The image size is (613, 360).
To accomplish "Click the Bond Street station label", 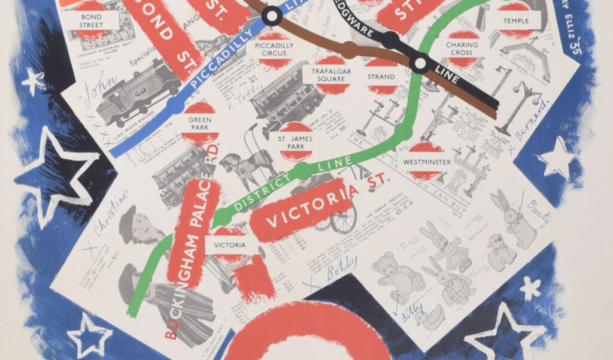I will tap(91, 22).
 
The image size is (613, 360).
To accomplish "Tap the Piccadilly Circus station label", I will tap(274, 49).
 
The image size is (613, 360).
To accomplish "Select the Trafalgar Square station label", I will tap(331, 75).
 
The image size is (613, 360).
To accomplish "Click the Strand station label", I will tap(381, 77).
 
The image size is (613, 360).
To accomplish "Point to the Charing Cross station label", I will tap(462, 49).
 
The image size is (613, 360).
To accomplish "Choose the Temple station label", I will tap(515, 21).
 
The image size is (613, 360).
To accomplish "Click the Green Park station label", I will tap(199, 123).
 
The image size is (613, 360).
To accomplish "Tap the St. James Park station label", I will tap(295, 142).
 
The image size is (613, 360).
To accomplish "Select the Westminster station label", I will tap(427, 162).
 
